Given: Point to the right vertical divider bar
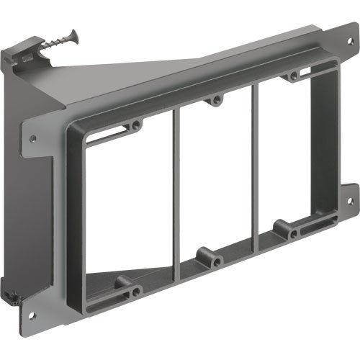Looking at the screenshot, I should click(253, 162).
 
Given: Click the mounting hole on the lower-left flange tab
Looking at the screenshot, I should click(32, 315).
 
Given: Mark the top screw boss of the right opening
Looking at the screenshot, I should click(294, 76).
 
